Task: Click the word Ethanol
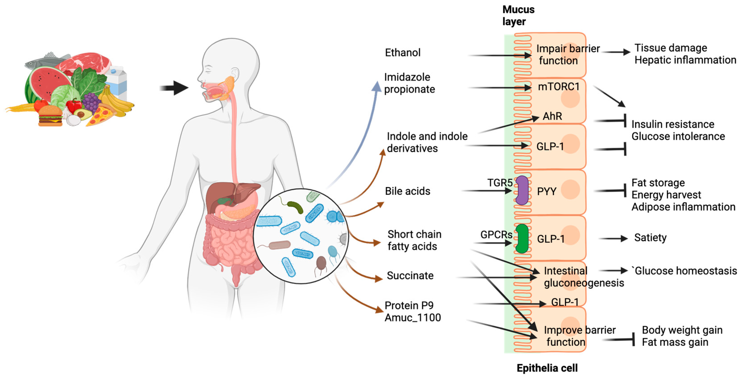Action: [x=402, y=53]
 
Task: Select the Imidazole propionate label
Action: [x=409, y=83]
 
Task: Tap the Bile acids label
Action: [x=407, y=191]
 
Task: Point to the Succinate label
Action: [x=410, y=275]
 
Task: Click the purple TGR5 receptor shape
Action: [x=522, y=190]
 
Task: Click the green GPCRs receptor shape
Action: [x=522, y=238]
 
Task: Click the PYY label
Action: [x=547, y=191]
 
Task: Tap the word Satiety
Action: [x=650, y=238]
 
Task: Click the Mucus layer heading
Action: [x=518, y=15]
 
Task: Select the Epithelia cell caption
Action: [x=547, y=368]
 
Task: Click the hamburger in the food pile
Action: [x=50, y=116]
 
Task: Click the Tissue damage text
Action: [x=671, y=48]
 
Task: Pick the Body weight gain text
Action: [x=682, y=330]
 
